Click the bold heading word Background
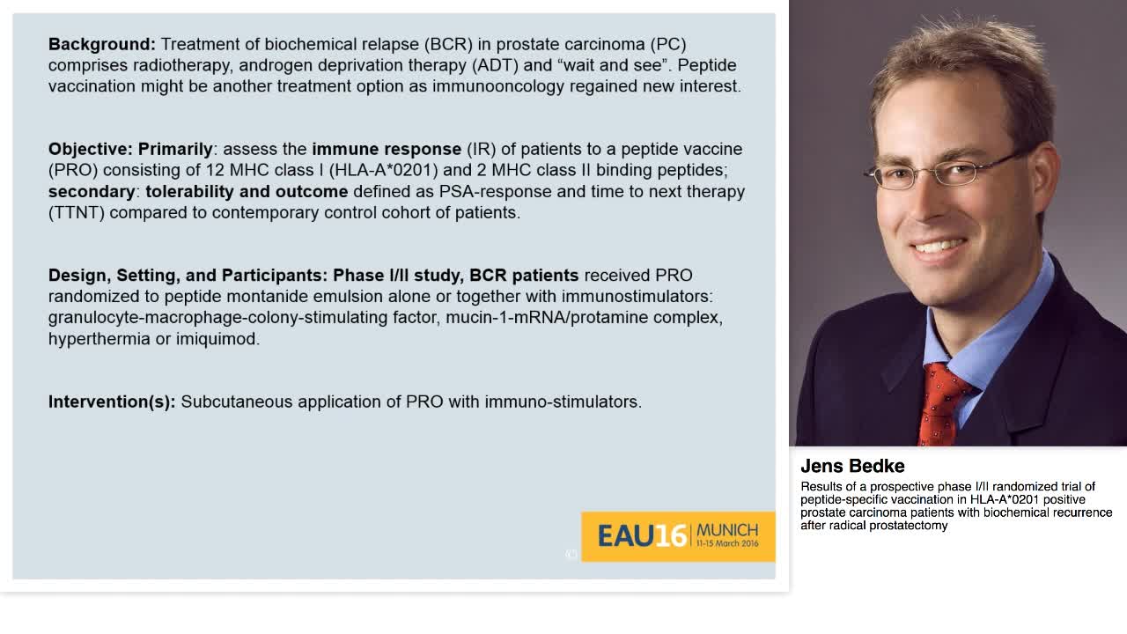click(101, 44)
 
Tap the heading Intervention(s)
click(112, 402)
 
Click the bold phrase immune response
click(386, 149)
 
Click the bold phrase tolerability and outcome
click(247, 191)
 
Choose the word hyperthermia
click(99, 338)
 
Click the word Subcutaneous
click(236, 402)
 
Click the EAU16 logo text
click(641, 535)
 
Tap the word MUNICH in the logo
click(726, 530)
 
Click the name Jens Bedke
click(852, 466)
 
